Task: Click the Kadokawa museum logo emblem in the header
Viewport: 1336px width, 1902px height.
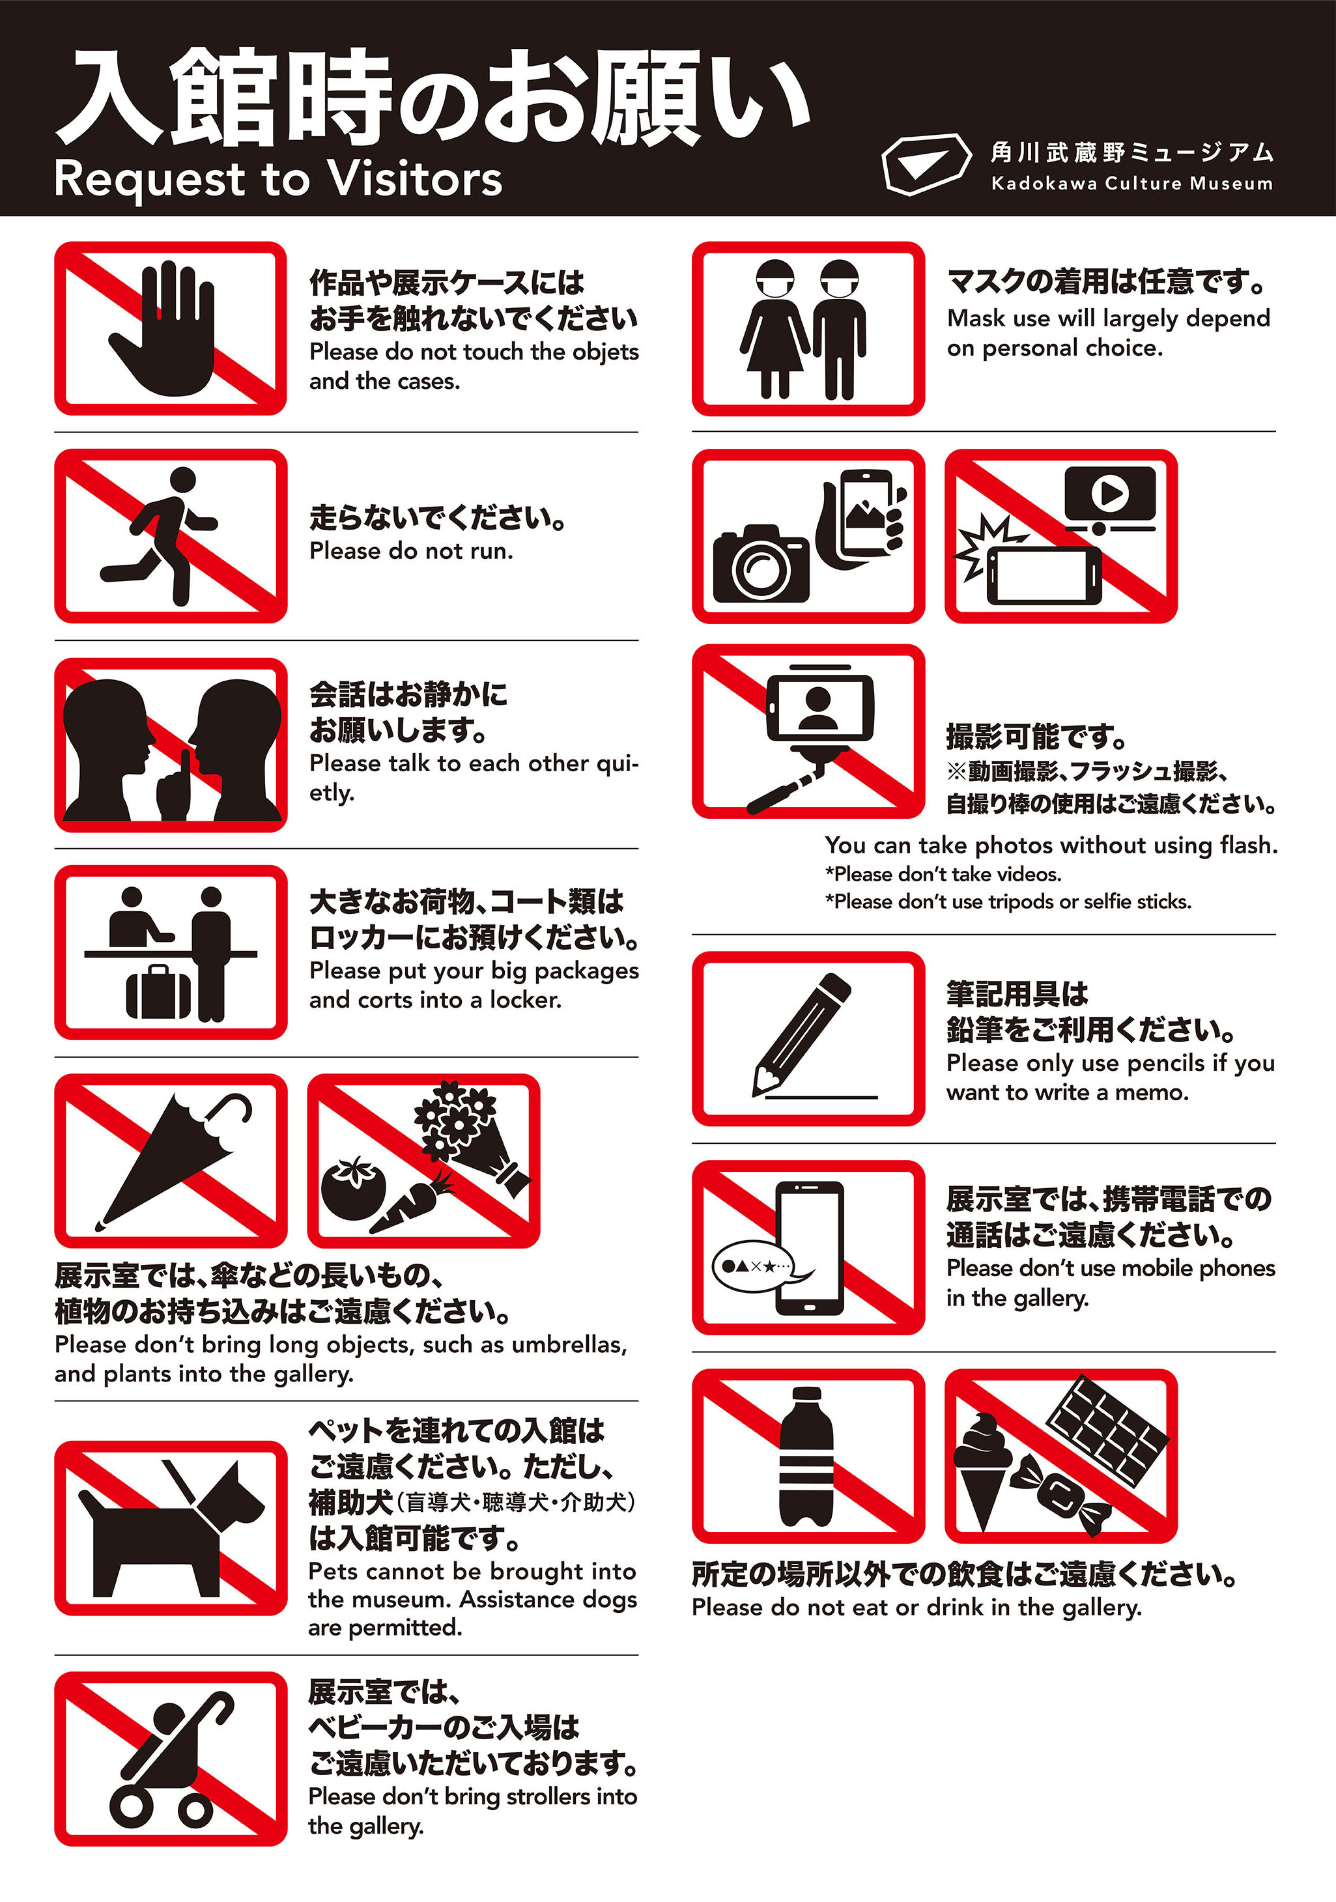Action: coord(925,163)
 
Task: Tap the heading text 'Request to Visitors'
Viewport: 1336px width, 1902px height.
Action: coord(277,179)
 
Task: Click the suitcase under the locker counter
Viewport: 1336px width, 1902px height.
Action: coord(158,993)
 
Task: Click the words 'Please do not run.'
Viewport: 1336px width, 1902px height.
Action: coord(411,552)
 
